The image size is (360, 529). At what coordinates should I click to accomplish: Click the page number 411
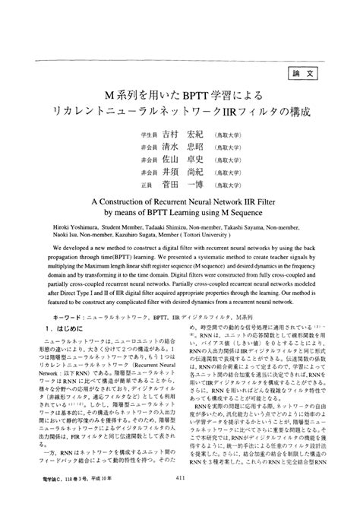click(x=179, y=500)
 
